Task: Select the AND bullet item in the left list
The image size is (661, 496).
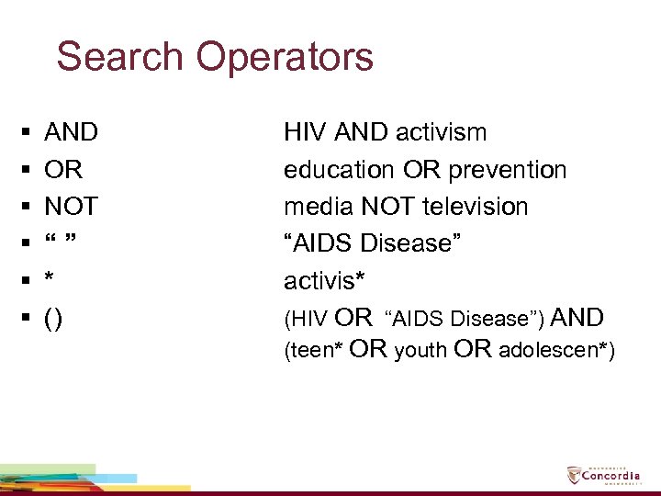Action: [72, 132]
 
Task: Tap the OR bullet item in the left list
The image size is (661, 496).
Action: [63, 170]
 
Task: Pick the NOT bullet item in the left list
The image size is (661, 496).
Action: [72, 207]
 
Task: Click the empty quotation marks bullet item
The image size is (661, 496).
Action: [59, 241]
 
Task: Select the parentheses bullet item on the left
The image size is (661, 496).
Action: [54, 318]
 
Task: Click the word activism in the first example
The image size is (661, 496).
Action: [441, 132]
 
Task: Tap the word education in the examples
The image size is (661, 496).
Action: [340, 170]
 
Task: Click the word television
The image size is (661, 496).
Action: [476, 207]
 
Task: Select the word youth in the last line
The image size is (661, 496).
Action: [420, 351]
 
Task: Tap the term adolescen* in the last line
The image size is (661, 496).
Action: [557, 351]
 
